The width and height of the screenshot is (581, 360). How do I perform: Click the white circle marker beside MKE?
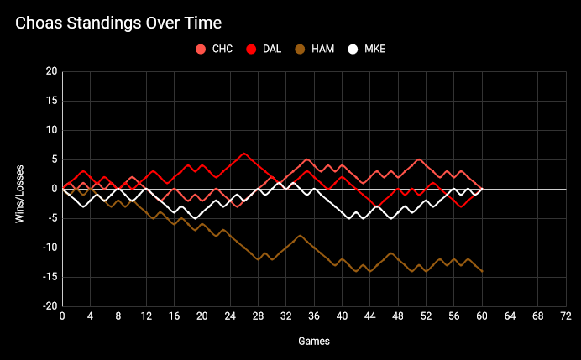point(353,49)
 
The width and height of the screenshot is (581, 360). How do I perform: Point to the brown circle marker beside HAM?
point(300,49)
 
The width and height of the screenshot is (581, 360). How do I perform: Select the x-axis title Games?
point(314,342)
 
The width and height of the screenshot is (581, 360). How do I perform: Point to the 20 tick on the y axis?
point(51,72)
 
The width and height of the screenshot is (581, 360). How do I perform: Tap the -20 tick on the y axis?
point(50,306)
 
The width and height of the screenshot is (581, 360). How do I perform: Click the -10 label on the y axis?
point(50,248)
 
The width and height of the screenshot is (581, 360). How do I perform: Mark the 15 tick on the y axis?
point(51,102)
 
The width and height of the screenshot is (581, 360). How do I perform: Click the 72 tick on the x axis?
point(566,316)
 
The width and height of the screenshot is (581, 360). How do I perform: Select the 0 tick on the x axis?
point(62,316)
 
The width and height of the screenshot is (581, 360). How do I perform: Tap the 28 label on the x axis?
point(258,316)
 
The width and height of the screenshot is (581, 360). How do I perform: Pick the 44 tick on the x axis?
point(370,316)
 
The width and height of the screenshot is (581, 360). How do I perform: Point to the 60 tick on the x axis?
point(482,316)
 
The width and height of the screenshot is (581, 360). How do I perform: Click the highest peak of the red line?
point(244,154)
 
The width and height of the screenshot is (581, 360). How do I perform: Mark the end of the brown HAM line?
point(482,271)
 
